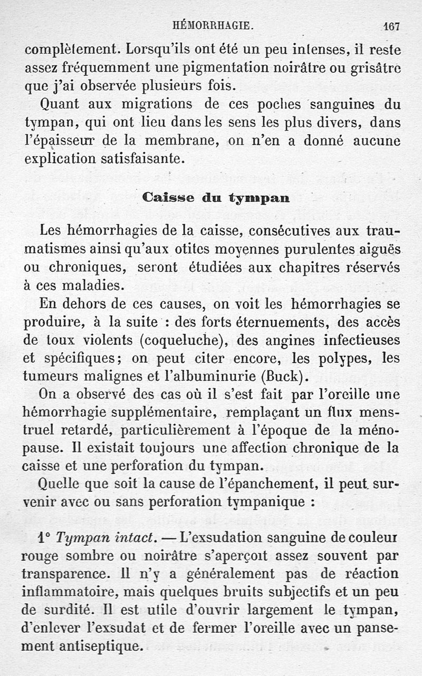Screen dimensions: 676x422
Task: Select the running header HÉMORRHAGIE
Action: point(214,25)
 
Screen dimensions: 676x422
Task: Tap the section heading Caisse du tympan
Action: point(216,198)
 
